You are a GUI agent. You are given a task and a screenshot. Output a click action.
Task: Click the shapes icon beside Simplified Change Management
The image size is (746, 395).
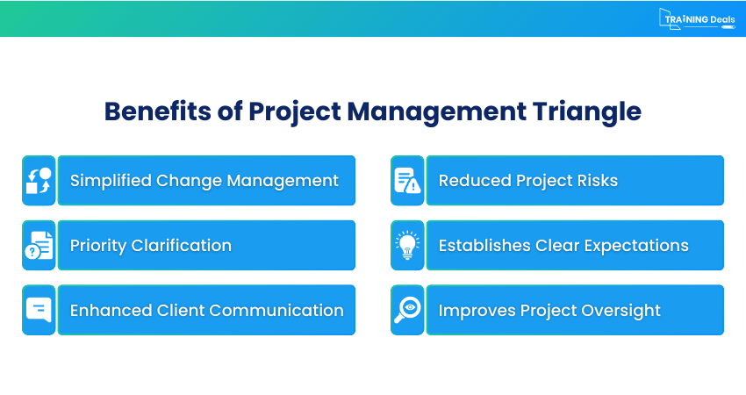click(x=39, y=181)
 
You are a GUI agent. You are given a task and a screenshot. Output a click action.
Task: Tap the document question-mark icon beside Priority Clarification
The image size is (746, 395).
click(x=39, y=246)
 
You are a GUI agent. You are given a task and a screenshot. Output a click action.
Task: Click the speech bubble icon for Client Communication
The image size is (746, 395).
click(x=39, y=310)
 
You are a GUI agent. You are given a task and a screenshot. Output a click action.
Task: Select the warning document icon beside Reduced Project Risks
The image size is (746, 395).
click(x=407, y=181)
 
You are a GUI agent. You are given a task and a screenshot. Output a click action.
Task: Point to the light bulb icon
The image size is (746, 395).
click(x=407, y=246)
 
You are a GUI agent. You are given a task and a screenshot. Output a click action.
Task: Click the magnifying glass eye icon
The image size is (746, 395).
click(x=407, y=310)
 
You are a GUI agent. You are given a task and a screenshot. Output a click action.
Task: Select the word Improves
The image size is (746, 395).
click(x=479, y=311)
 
